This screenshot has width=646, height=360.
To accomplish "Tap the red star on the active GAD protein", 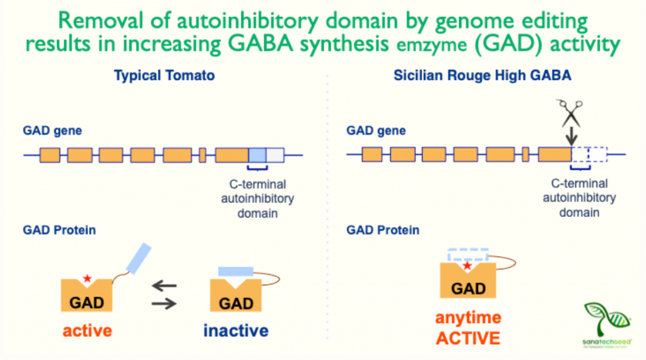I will pos(87,278).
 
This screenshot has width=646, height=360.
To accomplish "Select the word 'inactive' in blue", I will pos(235,330).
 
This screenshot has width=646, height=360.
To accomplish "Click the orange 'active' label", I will pos(86,330).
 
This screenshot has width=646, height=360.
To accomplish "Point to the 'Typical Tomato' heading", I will pos(164,76).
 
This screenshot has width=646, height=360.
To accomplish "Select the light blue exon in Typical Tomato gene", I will pos(257,155).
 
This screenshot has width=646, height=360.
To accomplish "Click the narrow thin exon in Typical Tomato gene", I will pos(203,155).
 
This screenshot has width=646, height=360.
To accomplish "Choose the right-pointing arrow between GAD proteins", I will pos(165,303).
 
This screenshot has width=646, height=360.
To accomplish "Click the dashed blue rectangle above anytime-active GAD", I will pos(467,255).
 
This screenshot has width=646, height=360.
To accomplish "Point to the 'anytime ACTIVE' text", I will pos(469,327).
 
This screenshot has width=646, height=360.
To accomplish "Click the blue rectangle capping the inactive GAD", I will pos(235,271).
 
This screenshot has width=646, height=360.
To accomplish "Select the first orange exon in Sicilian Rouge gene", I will pos(372,155).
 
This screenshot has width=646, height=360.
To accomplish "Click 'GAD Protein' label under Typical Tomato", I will pos(59,230).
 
